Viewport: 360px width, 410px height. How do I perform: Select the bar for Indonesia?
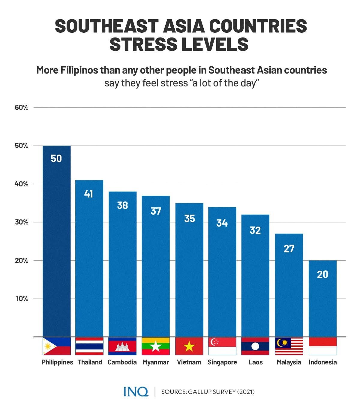pyautogui.click(x=322, y=300)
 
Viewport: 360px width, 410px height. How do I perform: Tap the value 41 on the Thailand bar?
pyautogui.click(x=88, y=194)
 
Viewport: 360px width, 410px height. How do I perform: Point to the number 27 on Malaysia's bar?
pyautogui.click(x=289, y=249)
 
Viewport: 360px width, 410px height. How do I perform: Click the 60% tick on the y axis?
pyautogui.click(x=22, y=107)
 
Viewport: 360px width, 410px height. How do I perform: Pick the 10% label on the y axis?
pyautogui.click(x=22, y=299)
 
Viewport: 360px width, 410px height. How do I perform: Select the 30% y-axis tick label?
pyautogui.click(x=22, y=222)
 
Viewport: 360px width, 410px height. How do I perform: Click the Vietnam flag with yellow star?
pyautogui.click(x=189, y=346)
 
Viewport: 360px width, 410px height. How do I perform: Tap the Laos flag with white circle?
pyautogui.click(x=255, y=346)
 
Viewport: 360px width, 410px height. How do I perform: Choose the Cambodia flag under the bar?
pyautogui.click(x=122, y=346)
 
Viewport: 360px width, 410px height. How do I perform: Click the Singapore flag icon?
pyautogui.click(x=222, y=346)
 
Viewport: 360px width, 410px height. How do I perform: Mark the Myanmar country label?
pyautogui.click(x=156, y=362)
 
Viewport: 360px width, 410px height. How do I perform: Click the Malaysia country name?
pyautogui.click(x=289, y=362)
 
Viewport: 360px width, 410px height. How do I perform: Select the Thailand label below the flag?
pyautogui.click(x=90, y=362)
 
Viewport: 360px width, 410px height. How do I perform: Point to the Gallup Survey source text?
pyautogui.click(x=208, y=392)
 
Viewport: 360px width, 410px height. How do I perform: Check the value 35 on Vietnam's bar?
pyautogui.click(x=189, y=219)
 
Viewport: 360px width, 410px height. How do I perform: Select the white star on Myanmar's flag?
pyautogui.click(x=156, y=347)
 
